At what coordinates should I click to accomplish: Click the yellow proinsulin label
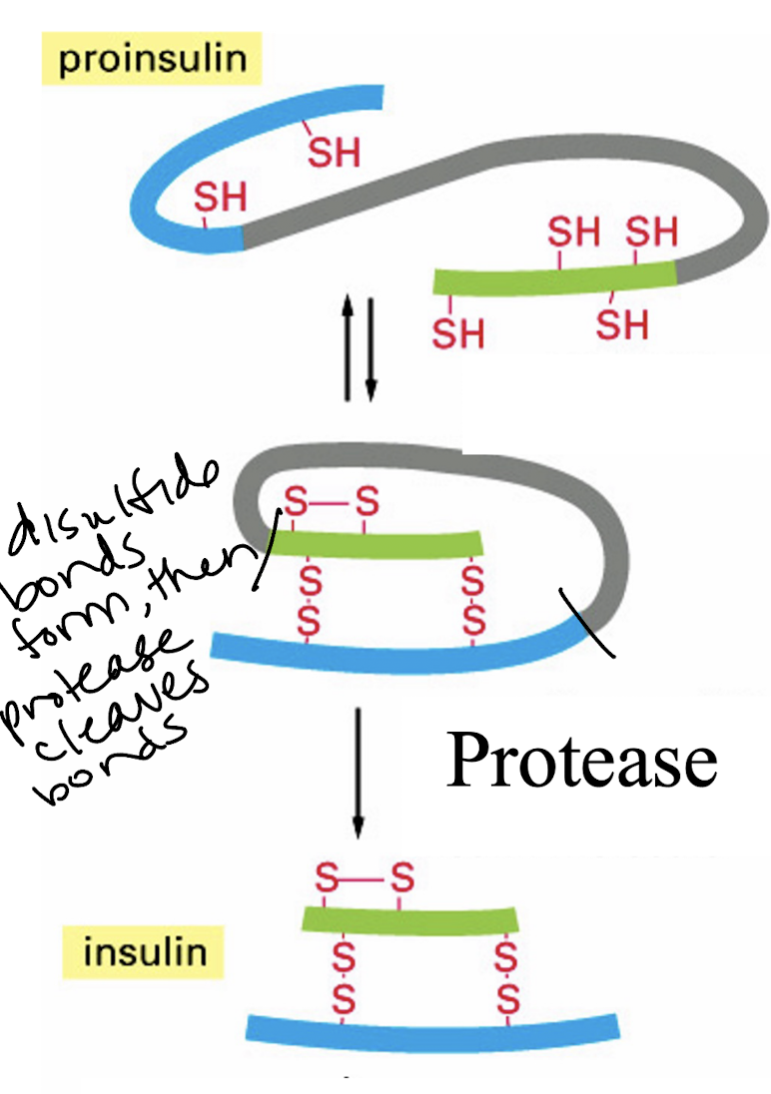pyautogui.click(x=152, y=59)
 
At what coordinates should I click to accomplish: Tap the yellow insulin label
pyautogui.click(x=144, y=951)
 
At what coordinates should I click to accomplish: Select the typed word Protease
pyautogui.click(x=581, y=761)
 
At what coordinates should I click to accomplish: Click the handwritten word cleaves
pyautogui.click(x=119, y=705)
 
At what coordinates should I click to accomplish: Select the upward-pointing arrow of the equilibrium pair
pyautogui.click(x=348, y=347)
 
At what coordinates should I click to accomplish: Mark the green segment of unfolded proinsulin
pyautogui.click(x=555, y=278)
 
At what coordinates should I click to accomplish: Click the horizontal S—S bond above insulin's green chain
pyautogui.click(x=365, y=877)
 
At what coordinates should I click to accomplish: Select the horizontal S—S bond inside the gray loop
pyautogui.click(x=331, y=501)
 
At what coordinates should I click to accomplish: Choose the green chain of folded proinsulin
pyautogui.click(x=378, y=544)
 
